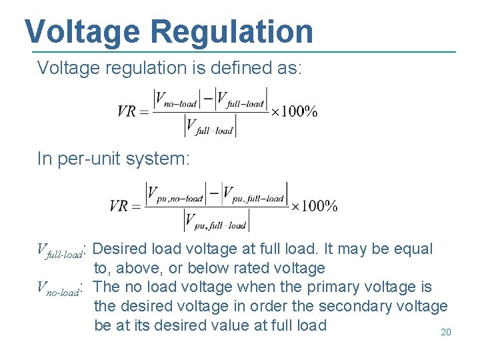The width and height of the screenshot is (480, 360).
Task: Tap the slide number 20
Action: (x=446, y=332)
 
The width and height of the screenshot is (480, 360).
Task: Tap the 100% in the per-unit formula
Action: (x=318, y=206)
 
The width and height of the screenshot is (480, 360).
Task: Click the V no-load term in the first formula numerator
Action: (x=176, y=101)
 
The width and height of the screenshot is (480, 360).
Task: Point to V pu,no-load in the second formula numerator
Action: (x=175, y=195)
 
